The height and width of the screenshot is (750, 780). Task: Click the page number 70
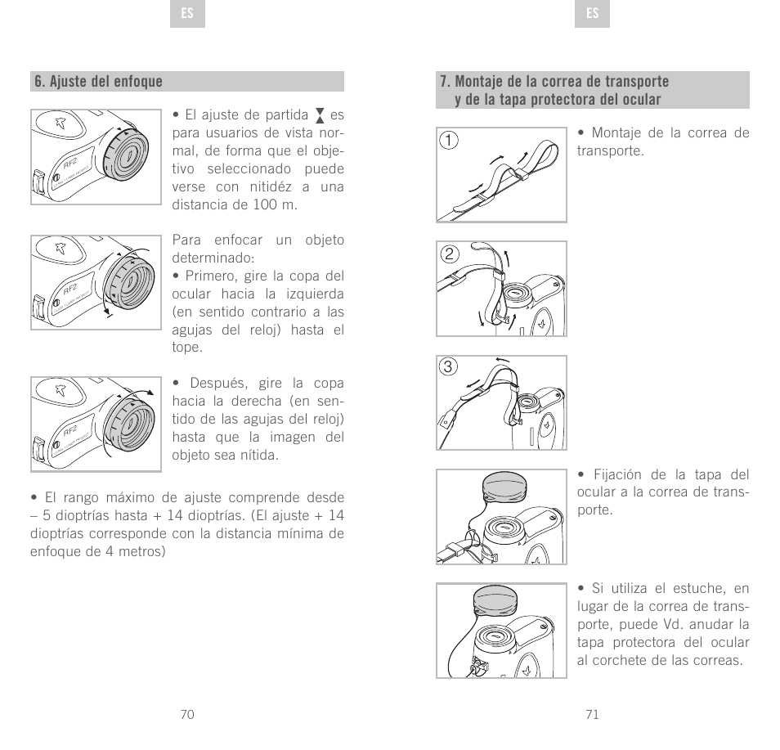coord(187,714)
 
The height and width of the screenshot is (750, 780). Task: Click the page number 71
coord(593,714)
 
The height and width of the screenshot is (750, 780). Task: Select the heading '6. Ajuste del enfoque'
coord(98,82)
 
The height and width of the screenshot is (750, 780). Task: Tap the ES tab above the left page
coord(187,14)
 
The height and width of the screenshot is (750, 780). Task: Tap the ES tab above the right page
coord(593,14)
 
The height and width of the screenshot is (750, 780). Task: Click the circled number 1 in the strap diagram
coord(447,139)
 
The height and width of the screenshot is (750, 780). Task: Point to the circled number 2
coord(447,253)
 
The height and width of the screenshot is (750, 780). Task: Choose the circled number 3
coord(447,366)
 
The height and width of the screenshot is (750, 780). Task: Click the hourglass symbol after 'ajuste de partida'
coord(320,115)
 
